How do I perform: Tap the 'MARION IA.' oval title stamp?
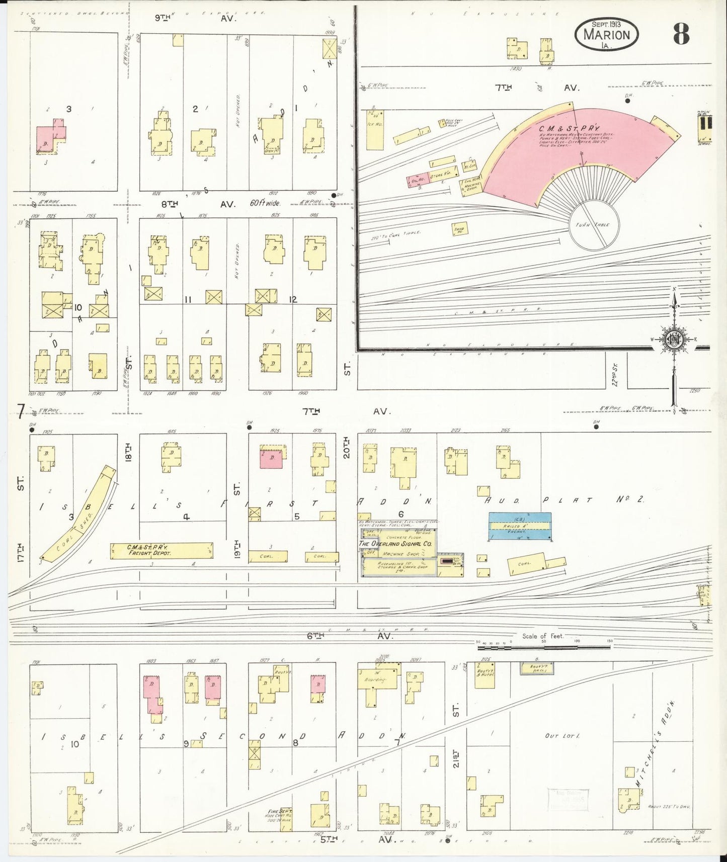coord(607,34)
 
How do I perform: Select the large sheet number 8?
coord(680,34)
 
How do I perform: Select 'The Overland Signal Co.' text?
coord(395,544)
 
